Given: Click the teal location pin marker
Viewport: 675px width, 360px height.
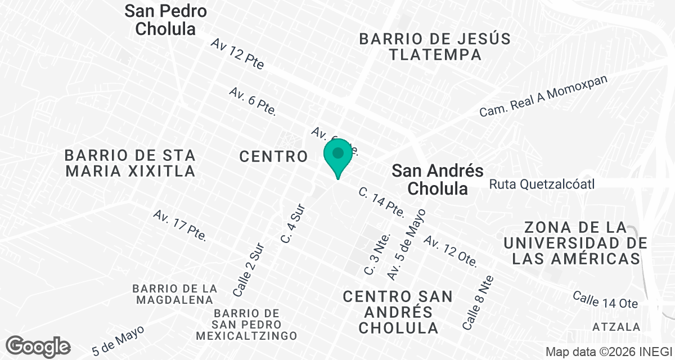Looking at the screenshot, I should tap(338, 158).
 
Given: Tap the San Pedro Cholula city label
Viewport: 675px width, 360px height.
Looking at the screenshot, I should tap(165, 20).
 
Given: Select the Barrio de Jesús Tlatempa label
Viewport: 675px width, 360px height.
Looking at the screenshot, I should tap(435, 47).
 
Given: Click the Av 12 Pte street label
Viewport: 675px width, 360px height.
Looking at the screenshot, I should tap(238, 53).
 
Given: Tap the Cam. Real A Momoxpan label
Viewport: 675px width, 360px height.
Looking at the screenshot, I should tap(544, 96).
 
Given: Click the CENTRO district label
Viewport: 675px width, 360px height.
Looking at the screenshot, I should tap(273, 156).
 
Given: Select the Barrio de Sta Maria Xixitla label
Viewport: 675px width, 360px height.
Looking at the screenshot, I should tap(130, 163).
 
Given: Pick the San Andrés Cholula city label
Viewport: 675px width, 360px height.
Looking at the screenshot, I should tap(438, 179).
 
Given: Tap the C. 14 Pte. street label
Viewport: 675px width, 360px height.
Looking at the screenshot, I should tap(382, 202).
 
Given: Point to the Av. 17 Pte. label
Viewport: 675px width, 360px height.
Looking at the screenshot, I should tap(180, 226).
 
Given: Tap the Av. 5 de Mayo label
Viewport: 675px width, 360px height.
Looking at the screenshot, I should tap(407, 245).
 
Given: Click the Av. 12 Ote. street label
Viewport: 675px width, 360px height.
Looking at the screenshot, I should tap(451, 251).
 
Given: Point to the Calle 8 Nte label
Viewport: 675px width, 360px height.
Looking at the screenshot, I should tap(478, 303).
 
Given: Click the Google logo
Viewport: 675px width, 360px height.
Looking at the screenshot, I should tap(38, 346).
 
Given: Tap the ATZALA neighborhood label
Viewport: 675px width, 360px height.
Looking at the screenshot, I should tap(616, 327).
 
